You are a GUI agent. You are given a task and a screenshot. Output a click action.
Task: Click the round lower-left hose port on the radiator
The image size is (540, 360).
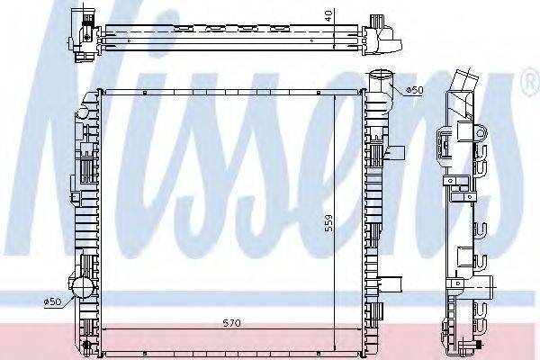pyautogui.click(x=82, y=290)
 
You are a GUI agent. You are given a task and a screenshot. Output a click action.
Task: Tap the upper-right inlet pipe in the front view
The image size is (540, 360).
pyautogui.click(x=382, y=82)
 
